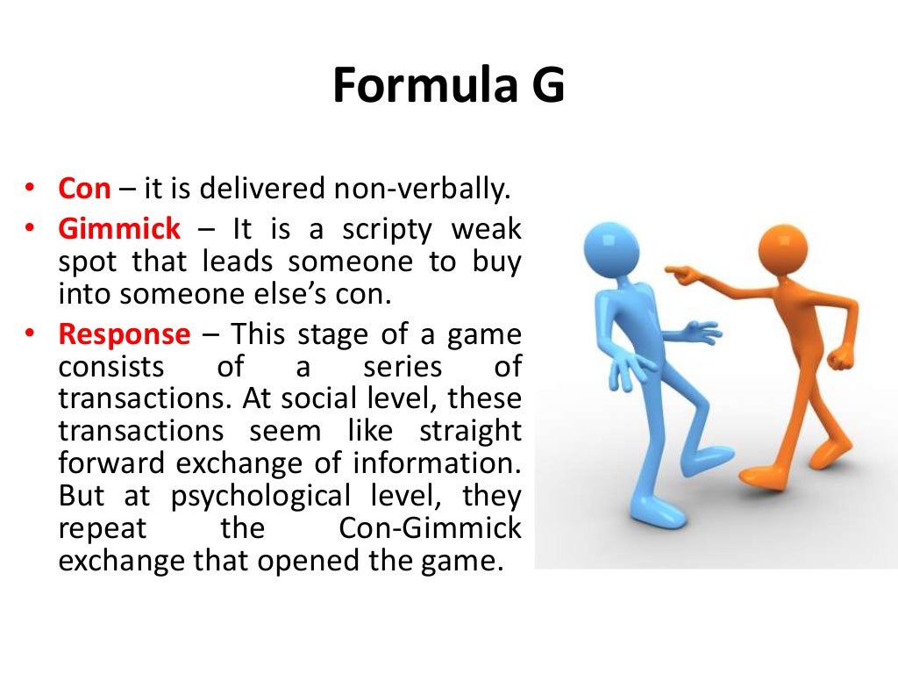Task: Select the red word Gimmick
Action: point(119,230)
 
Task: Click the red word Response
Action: point(124,334)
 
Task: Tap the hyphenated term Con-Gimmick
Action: point(430,528)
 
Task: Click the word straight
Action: point(470,430)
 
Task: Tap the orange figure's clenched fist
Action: point(840,359)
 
